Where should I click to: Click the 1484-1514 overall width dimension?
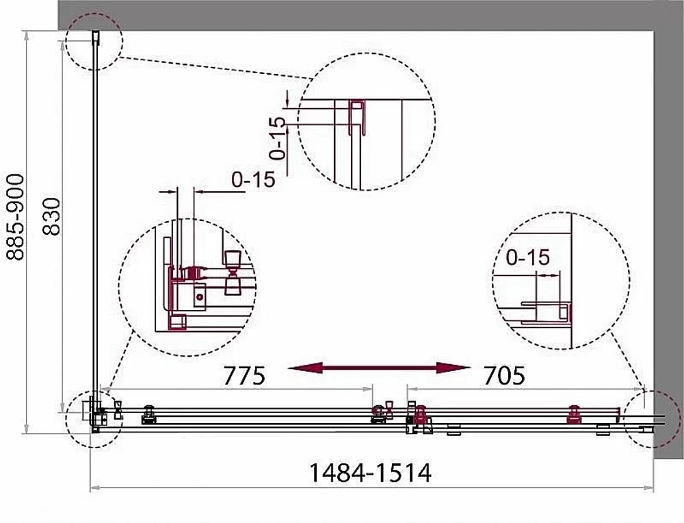pos(370,473)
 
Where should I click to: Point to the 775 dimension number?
pos(244,375)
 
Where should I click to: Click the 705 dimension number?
pos(504,375)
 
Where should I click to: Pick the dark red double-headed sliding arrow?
pos(379,368)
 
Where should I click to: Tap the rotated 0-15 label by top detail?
pos(278,138)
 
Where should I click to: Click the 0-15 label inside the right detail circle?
pos(527,257)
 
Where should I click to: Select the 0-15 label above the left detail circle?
pos(254,179)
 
